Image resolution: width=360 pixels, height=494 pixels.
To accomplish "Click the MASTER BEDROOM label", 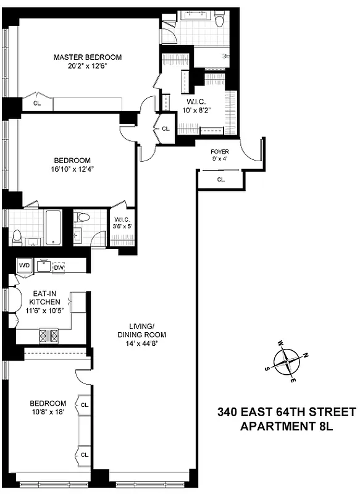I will point(87,57).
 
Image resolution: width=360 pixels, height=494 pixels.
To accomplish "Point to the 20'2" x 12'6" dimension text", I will point(87,66).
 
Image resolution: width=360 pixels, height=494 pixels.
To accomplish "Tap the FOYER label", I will point(220,151).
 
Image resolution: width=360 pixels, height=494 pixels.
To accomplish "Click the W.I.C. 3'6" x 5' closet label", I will point(121,222).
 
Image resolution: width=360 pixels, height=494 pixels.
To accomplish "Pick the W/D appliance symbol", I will point(25,266).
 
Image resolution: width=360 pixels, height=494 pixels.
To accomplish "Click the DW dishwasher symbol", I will point(59,267).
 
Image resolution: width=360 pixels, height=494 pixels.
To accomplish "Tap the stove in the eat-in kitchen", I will point(49,336).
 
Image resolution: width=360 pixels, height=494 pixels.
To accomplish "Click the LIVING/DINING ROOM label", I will point(147,331).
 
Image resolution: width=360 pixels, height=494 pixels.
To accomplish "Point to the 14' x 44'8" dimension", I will point(147,345).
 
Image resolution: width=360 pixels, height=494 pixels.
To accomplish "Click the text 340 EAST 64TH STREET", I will point(287,412).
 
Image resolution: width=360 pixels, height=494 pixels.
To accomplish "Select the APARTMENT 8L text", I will point(287,426).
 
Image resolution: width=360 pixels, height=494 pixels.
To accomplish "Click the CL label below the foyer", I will point(221,180).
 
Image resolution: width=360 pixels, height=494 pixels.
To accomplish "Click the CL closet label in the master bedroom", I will point(37,103).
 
